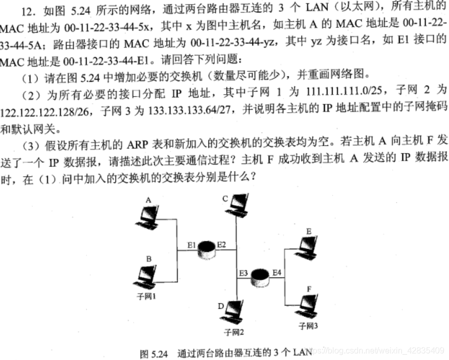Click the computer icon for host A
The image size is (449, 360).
149,217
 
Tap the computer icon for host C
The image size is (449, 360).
236,204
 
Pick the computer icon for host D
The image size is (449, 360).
233,311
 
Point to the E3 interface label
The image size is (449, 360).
244,273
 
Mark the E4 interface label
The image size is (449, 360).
277,272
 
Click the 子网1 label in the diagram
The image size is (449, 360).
146,296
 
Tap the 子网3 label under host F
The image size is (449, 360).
309,326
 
